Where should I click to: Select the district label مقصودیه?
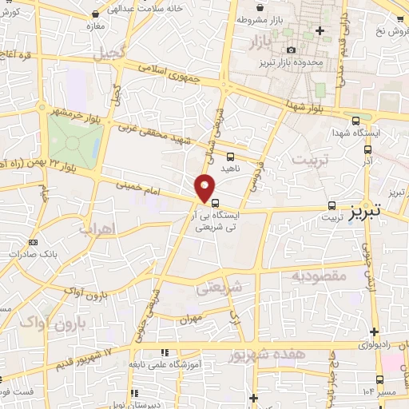click(317, 276)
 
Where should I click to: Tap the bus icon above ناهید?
click(230, 157)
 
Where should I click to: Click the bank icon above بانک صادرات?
click(33, 242)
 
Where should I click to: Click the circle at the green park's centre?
click(73, 144)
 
